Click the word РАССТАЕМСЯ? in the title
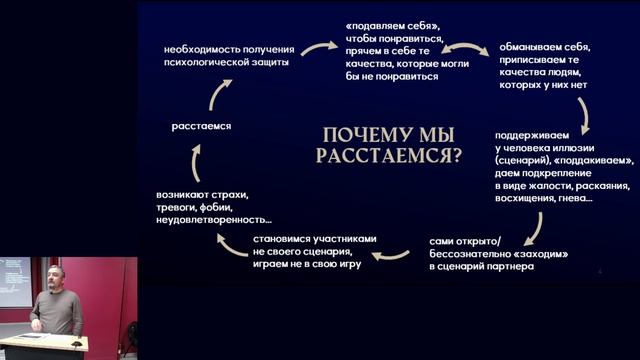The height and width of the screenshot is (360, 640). pos(388,155)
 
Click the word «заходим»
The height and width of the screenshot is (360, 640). pos(540,254)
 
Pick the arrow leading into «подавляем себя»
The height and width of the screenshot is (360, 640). pos(320,45)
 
